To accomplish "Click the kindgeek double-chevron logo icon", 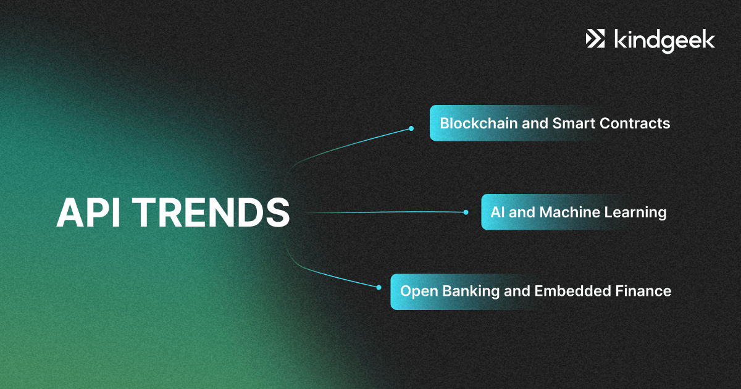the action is pyautogui.click(x=595, y=39).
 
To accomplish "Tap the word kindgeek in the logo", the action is pyautogui.click(x=664, y=41).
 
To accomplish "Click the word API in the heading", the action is pyautogui.click(x=88, y=212).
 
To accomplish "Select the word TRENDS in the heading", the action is pyautogui.click(x=213, y=212).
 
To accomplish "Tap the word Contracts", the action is pyautogui.click(x=635, y=123).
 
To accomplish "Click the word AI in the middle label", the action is pyautogui.click(x=497, y=212).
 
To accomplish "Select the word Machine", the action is pyautogui.click(x=569, y=212).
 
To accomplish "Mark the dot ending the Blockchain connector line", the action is pyautogui.click(x=411, y=128).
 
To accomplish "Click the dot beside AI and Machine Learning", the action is pyautogui.click(x=466, y=212).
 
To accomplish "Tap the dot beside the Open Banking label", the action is pyautogui.click(x=379, y=288).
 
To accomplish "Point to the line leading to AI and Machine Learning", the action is pyautogui.click(x=385, y=212).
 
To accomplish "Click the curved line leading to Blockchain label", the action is pyautogui.click(x=344, y=146).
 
